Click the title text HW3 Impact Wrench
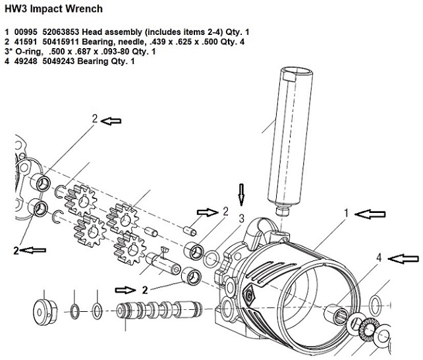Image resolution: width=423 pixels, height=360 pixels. [x=53, y=9]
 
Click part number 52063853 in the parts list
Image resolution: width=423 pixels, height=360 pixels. [x=61, y=32]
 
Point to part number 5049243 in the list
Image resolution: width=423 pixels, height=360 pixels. [x=59, y=61]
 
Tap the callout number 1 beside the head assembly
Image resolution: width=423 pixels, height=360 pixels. [x=347, y=214]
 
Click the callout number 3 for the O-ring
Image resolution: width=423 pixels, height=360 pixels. [x=241, y=219]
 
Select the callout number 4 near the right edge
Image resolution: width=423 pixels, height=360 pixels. [x=379, y=258]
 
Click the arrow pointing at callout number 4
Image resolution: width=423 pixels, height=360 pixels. [x=404, y=259]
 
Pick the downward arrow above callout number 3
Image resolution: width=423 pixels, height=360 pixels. [x=241, y=195]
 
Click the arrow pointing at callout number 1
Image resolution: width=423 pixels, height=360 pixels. [x=370, y=214]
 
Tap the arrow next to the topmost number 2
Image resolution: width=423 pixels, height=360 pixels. [x=111, y=121]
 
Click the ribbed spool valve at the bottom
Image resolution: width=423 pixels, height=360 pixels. [x=159, y=309]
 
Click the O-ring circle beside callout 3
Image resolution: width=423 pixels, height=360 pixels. [x=211, y=258]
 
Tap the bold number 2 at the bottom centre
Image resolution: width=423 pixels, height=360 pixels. [x=145, y=290]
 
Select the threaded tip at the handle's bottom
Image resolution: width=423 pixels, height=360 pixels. [x=283, y=211]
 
